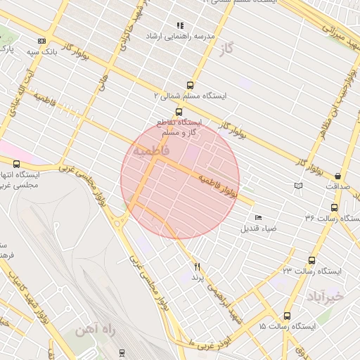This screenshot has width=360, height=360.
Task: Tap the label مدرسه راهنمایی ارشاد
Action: click(x=179, y=36)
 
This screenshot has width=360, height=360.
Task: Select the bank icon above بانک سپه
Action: click(x=41, y=41)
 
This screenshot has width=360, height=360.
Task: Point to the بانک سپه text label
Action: click(x=40, y=52)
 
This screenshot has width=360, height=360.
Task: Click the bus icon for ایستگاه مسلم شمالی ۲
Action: click(x=189, y=86)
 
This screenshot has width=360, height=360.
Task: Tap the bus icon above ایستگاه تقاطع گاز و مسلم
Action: click(x=179, y=112)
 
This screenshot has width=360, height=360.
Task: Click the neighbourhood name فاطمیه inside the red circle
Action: click(x=150, y=152)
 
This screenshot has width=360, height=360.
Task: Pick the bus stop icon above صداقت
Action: click(x=338, y=176)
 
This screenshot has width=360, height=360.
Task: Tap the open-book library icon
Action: click(x=299, y=186)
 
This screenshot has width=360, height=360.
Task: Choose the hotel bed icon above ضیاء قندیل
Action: click(x=258, y=217)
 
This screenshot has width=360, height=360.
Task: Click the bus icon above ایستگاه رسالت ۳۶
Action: click(x=333, y=207)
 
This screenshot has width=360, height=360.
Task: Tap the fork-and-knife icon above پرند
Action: click(x=198, y=266)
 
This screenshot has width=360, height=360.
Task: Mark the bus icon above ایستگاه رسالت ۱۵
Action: click(x=286, y=316)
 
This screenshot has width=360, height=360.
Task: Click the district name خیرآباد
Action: click(x=324, y=296)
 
